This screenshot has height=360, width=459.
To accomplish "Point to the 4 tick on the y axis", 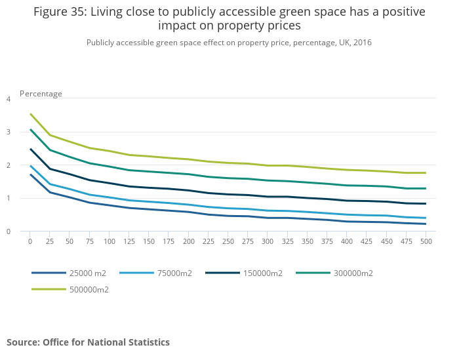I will click(9, 99).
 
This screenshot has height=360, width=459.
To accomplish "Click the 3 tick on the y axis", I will click(9, 132).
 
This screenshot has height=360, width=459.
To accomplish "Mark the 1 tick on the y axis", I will click(9, 198).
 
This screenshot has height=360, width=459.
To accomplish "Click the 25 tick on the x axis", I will click(50, 241).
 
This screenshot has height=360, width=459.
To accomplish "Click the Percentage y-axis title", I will click(41, 94).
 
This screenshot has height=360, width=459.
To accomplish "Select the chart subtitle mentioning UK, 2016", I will click(229, 43).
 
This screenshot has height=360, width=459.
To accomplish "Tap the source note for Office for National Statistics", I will click(88, 342).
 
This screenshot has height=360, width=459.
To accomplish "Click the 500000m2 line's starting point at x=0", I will click(30, 114).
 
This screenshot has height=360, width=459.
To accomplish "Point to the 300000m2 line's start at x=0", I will click(30, 129).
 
